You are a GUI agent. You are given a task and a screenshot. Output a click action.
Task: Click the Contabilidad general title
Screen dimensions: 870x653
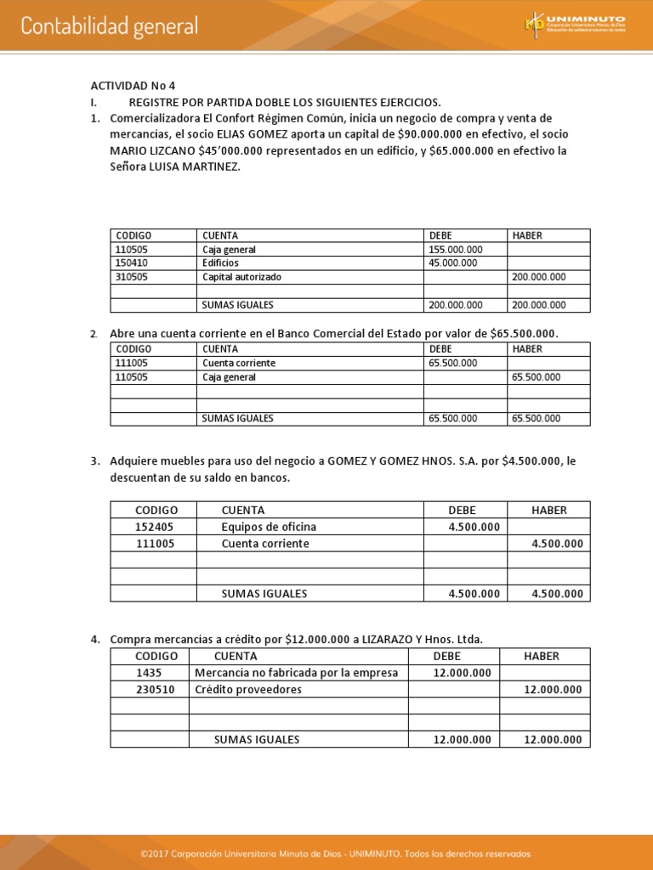[x=110, y=26]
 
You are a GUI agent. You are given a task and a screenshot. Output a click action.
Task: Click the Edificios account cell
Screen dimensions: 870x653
[x=220, y=263]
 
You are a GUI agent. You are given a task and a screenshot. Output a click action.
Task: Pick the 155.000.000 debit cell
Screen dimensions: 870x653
[x=456, y=250]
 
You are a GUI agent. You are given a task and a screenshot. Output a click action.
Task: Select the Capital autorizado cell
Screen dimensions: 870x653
[x=241, y=277]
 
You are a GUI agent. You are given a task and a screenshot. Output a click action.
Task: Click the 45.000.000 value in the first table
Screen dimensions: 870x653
[x=453, y=263]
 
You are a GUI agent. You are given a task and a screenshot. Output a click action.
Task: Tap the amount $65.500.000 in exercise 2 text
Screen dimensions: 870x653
[x=524, y=333]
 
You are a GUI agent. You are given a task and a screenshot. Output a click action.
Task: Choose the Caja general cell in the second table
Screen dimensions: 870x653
[x=229, y=377]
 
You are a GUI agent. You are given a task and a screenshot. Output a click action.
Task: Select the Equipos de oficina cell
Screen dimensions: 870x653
[x=269, y=527]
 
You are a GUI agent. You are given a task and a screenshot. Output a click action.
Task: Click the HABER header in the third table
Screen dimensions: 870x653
[x=548, y=510]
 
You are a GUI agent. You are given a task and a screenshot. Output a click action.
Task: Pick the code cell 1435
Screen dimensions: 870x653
[x=149, y=673]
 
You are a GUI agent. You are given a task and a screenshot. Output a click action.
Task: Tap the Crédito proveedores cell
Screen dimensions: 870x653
[x=248, y=690]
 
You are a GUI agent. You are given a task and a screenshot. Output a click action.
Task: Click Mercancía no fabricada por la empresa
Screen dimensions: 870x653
[x=296, y=673]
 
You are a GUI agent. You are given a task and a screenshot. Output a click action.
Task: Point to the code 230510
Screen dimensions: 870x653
[x=156, y=690]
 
